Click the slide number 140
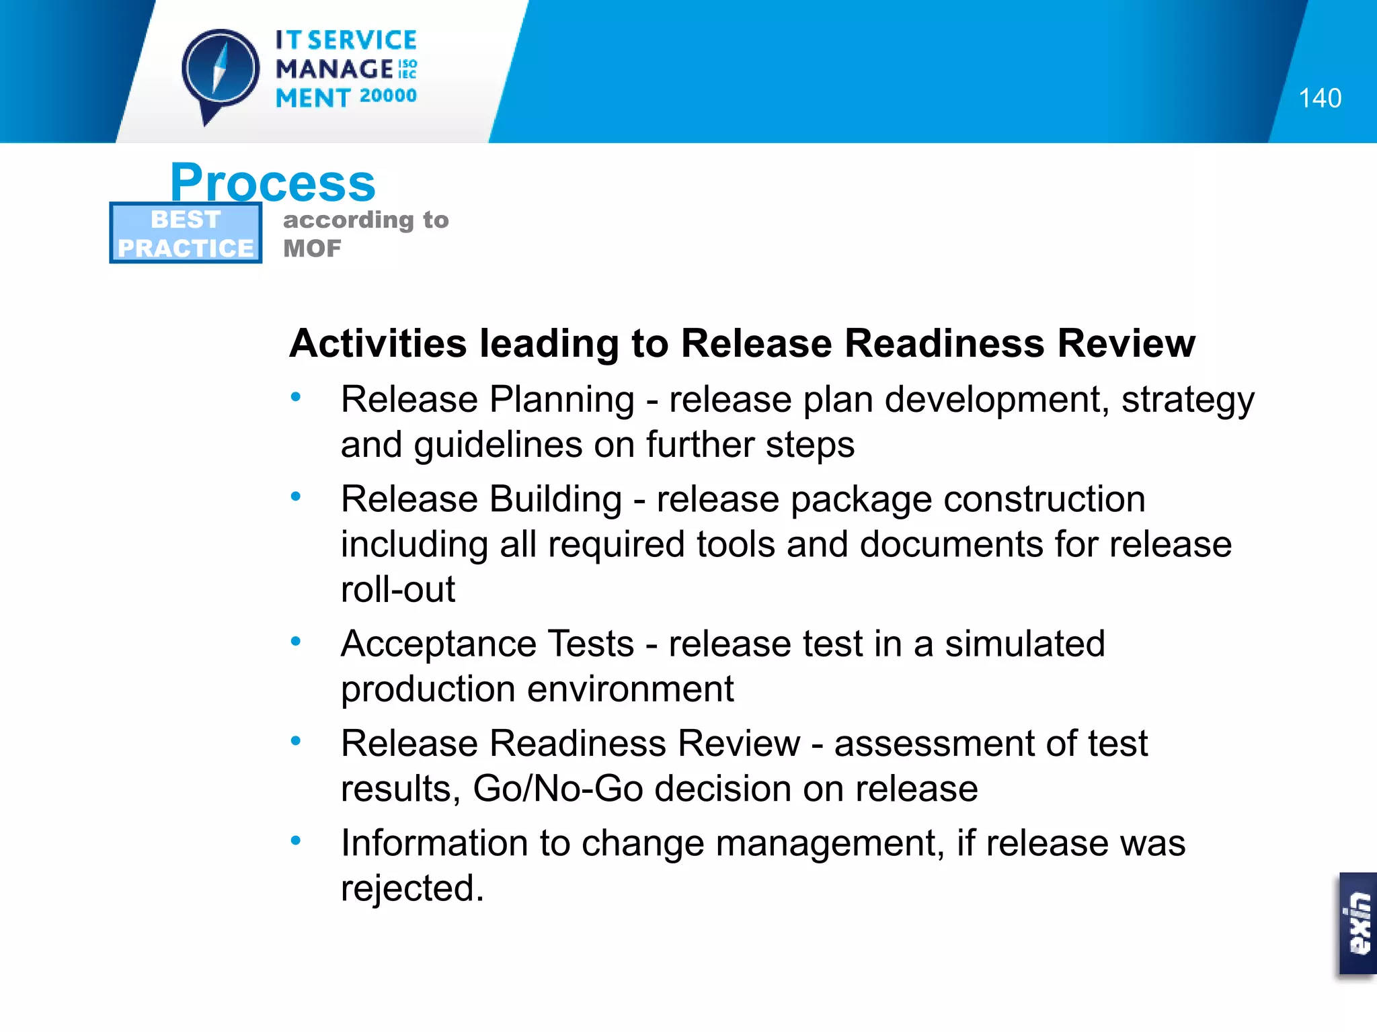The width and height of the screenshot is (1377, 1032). click(1319, 98)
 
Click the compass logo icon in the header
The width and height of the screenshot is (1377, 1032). click(220, 71)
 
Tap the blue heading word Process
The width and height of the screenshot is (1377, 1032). click(272, 183)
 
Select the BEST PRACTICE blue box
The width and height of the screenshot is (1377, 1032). click(186, 233)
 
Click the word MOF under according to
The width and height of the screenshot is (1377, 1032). click(312, 249)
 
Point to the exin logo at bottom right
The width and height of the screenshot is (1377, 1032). click(1358, 924)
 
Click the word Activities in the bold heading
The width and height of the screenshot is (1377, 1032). click(378, 343)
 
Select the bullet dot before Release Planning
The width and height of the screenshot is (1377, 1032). click(295, 397)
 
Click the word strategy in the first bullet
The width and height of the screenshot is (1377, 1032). click(1187, 400)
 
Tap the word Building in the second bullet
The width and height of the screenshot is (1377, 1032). click(555, 500)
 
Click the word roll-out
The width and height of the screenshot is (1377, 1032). click(397, 590)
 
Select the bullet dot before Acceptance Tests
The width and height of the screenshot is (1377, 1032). click(295, 642)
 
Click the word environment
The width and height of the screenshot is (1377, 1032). click(630, 689)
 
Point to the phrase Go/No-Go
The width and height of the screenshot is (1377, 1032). click(558, 789)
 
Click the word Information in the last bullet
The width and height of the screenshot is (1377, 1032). click(434, 843)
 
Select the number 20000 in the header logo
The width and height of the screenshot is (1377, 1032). click(388, 96)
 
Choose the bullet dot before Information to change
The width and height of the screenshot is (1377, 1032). click(295, 841)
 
